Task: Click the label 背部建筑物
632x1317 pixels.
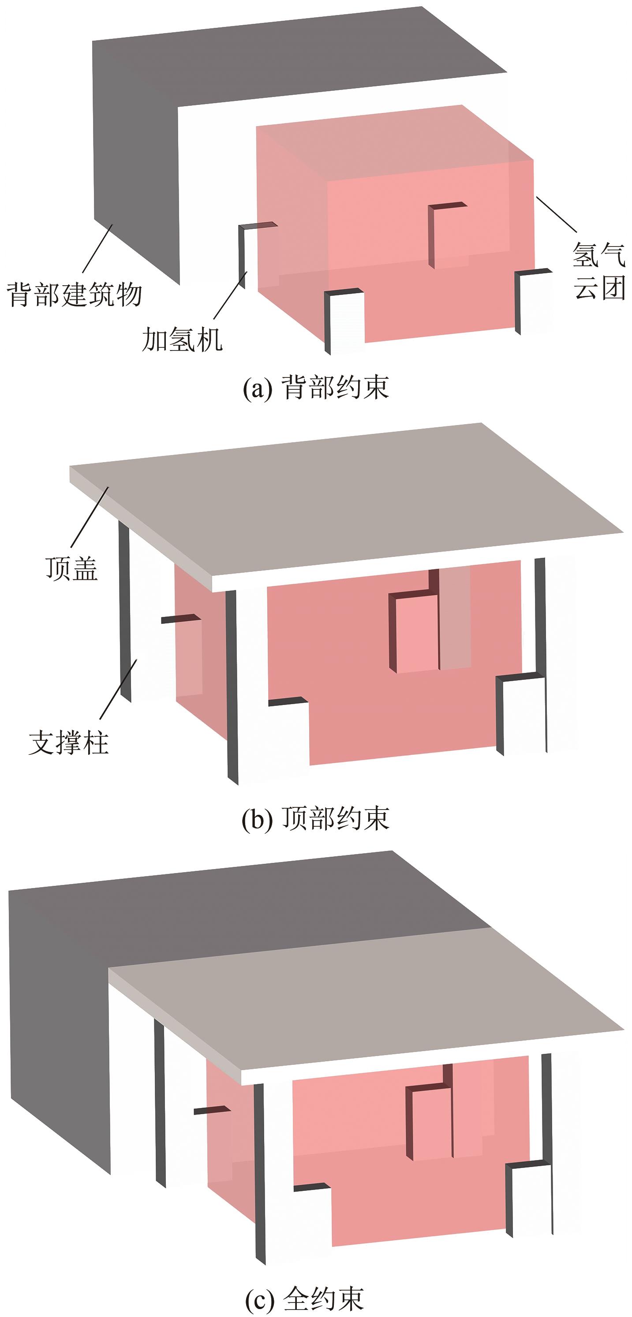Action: tap(74, 295)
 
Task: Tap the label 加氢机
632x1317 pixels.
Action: tap(182, 340)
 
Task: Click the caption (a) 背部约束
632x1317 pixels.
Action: tap(315, 388)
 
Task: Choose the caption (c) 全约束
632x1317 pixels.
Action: tap(305, 1298)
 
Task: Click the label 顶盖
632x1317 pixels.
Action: tap(71, 568)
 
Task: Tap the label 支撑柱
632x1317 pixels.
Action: tap(68, 742)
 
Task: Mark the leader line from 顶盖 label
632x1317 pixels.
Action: tap(90, 517)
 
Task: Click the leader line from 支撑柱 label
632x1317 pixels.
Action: tap(118, 690)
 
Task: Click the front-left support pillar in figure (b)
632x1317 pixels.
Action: tap(232, 685)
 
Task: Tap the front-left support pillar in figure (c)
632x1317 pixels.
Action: tap(260, 1171)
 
